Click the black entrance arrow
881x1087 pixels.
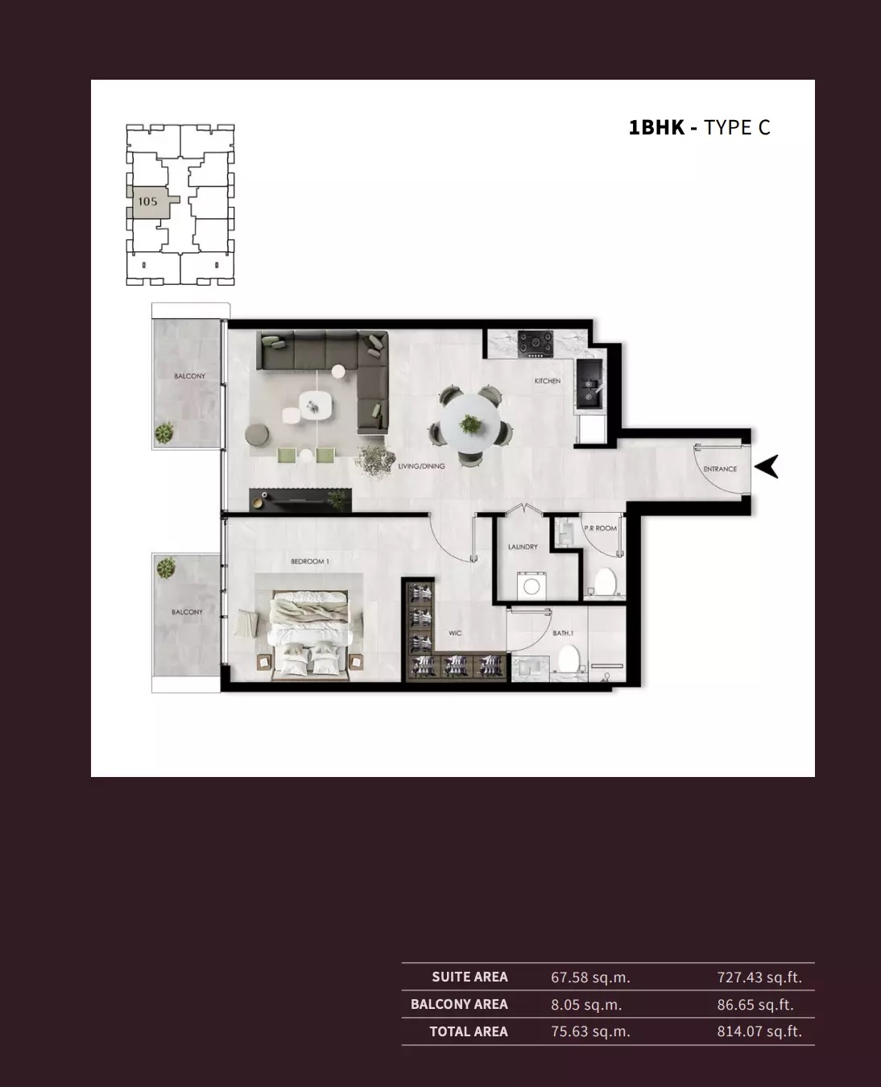(767, 466)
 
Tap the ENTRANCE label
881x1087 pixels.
(720, 469)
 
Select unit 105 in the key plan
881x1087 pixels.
(147, 201)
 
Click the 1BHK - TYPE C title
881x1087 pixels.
(699, 127)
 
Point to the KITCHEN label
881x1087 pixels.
(548, 381)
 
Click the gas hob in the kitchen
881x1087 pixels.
(533, 343)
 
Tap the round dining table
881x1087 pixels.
(469, 424)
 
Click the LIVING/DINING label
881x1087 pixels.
(421, 466)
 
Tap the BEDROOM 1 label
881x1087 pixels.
(309, 561)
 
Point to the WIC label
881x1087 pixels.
(455, 634)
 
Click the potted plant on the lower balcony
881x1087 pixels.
(166, 568)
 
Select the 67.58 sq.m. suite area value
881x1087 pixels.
(590, 977)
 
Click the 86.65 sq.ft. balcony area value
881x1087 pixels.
(755, 1005)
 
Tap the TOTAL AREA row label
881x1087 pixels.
(468, 1031)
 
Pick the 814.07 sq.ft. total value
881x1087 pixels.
(759, 1031)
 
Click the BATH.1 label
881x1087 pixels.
(563, 634)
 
